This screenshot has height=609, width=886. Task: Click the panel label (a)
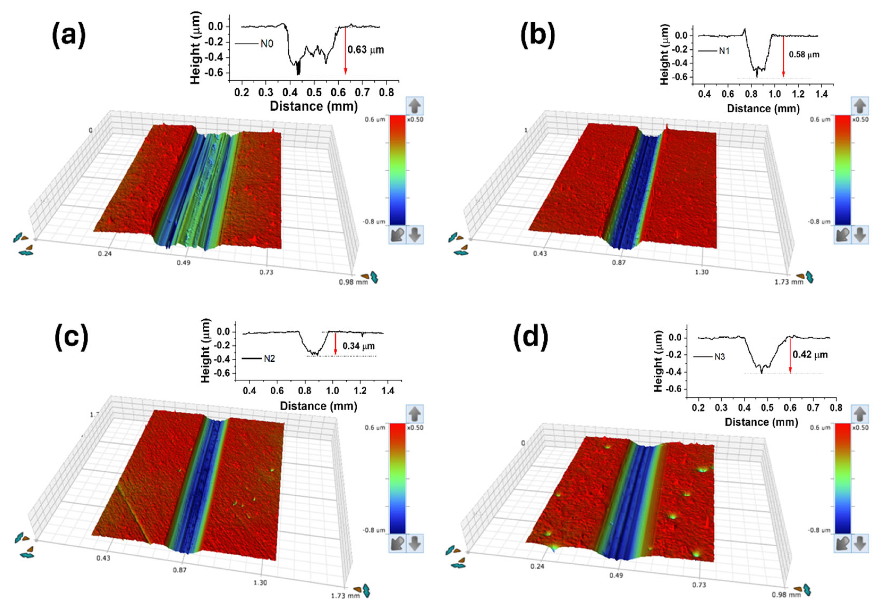tap(69, 35)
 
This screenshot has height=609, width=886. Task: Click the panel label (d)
tap(530, 338)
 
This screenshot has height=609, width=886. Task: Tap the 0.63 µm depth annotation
tap(366, 50)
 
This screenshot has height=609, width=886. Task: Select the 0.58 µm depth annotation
tap(804, 54)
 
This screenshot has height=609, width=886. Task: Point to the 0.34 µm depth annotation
tap(358, 346)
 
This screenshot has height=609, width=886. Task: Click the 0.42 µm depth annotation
tap(810, 355)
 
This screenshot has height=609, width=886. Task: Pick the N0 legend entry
tap(266, 44)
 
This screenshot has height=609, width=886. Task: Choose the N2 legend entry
tap(269, 359)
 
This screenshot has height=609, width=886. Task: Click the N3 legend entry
tap(719, 357)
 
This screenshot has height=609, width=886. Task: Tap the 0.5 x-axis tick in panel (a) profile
tap(314, 93)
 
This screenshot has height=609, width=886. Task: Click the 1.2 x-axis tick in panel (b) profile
tap(798, 94)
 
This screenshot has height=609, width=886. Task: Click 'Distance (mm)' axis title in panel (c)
tap(318, 406)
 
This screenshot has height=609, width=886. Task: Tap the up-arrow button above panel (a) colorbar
tap(415, 106)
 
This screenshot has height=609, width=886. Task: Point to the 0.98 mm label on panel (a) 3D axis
tap(353, 282)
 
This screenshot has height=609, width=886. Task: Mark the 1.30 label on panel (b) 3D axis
tap(701, 272)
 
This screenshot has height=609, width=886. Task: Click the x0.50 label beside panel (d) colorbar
tap(860, 428)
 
